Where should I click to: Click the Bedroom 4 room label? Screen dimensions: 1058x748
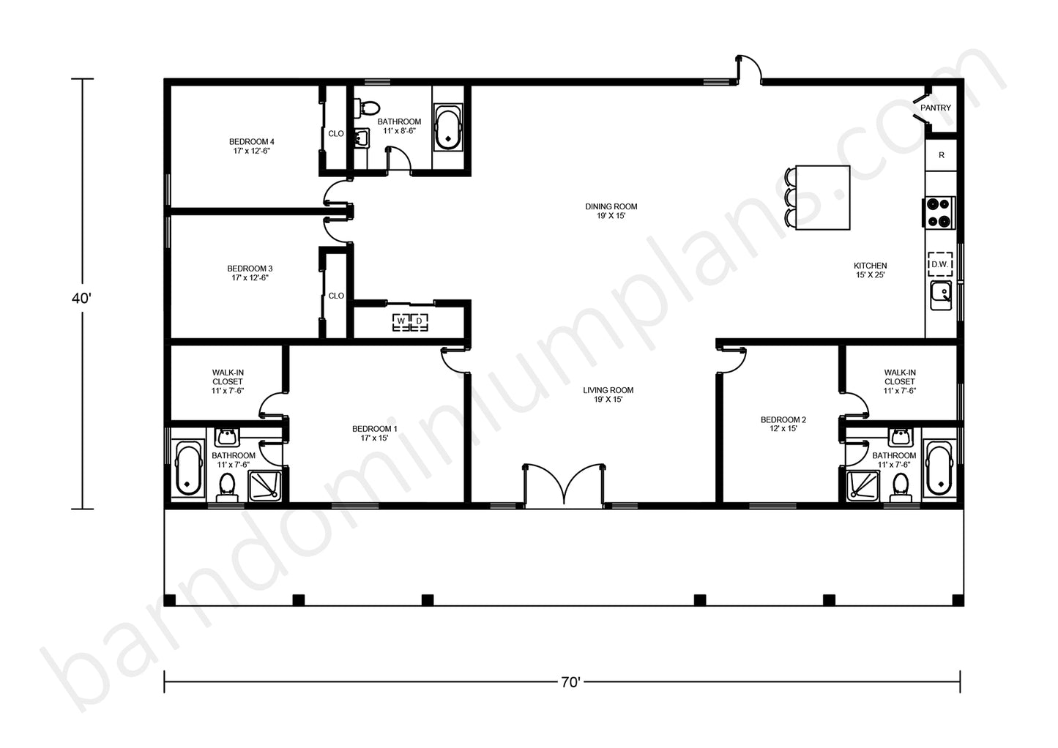click(251, 146)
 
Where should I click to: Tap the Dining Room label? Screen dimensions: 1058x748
click(611, 211)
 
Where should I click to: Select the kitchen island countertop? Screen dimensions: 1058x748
click(822, 198)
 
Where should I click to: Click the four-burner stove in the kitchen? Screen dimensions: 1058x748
click(939, 212)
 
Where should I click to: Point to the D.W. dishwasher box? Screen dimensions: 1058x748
click(940, 264)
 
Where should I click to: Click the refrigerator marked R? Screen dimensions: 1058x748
click(942, 155)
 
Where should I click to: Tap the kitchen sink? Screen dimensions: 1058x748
click(942, 295)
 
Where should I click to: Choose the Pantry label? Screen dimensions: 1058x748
click(935, 108)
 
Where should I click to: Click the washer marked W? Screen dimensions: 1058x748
click(401, 321)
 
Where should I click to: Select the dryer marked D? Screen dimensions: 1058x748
click(419, 321)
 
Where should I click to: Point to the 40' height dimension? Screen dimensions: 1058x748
click(81, 299)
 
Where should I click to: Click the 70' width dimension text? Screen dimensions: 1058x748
click(570, 682)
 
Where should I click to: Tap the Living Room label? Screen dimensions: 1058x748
click(608, 394)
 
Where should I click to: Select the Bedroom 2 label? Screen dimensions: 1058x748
click(783, 424)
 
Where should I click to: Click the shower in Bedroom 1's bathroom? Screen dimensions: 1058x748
click(265, 485)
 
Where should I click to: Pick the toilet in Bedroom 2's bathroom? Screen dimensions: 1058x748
click(901, 487)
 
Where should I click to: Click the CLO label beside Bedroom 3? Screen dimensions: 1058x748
click(336, 296)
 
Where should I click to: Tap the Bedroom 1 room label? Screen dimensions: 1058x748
click(375, 433)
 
